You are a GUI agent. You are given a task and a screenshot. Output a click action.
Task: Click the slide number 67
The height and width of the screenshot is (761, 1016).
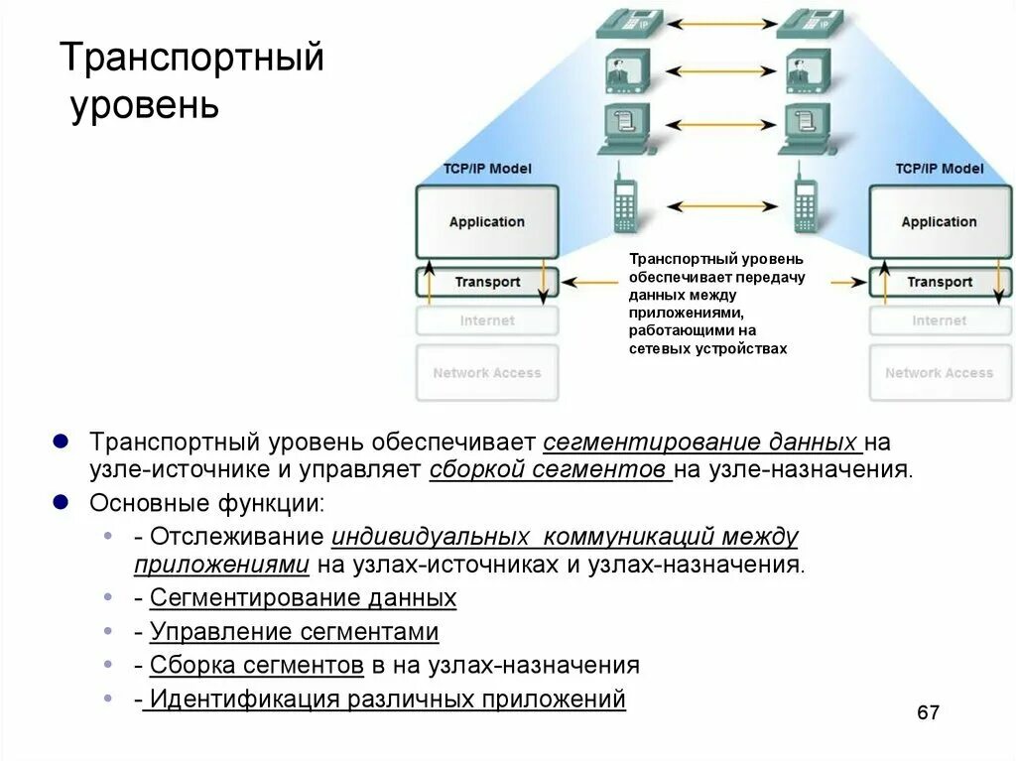928,713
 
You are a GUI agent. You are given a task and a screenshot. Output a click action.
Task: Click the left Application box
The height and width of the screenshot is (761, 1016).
486,222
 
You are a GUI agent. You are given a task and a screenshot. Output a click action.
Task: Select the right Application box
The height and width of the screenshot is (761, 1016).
939,222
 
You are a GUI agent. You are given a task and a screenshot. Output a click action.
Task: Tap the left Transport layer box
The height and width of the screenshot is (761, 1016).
487,282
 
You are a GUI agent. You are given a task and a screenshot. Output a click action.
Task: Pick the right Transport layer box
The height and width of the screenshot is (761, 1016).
939,282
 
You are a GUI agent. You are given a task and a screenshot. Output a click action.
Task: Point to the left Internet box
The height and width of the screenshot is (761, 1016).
487,320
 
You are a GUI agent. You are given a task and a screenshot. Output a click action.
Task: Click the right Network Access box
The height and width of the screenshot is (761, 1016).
939,373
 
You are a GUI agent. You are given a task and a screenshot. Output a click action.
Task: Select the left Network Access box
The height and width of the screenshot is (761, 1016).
487,373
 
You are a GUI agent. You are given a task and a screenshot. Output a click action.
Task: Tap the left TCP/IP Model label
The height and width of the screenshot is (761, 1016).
487,169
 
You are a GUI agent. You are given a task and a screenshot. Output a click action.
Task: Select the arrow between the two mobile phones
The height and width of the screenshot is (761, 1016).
719,206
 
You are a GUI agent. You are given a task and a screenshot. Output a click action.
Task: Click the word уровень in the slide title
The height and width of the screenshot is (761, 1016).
145,104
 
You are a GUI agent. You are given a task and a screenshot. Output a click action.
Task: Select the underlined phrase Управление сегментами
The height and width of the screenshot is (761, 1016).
294,632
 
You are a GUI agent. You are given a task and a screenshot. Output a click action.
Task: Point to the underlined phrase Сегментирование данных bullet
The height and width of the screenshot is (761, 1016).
303,598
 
